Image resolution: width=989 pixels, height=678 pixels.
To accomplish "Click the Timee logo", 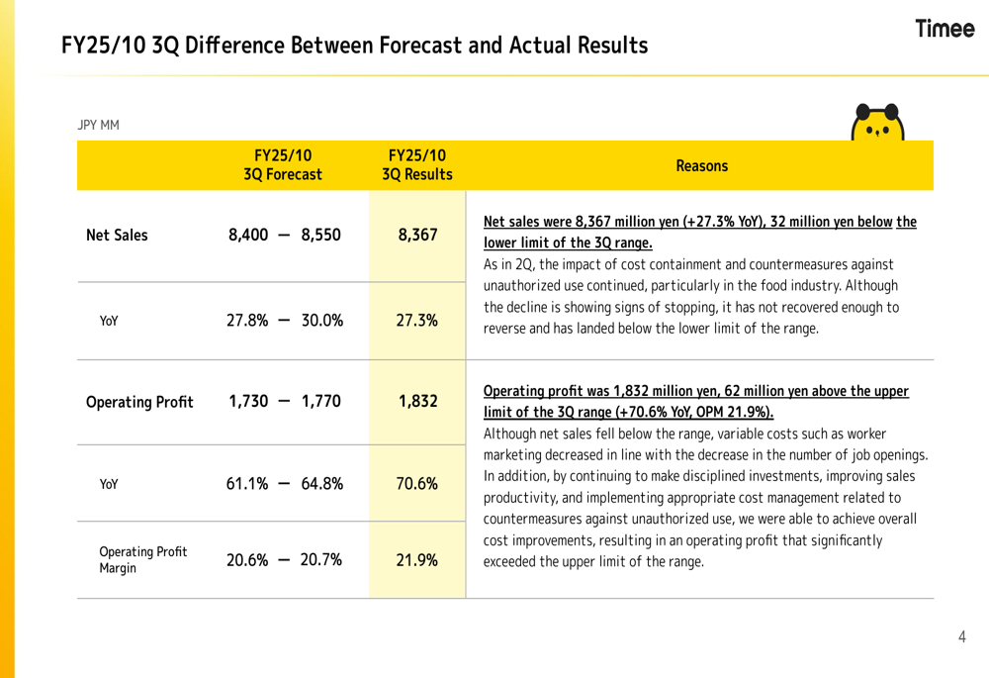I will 944,29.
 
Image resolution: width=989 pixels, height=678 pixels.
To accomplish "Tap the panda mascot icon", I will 878,121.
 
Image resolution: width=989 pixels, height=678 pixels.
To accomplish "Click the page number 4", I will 961,636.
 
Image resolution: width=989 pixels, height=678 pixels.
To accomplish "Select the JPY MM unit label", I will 98,126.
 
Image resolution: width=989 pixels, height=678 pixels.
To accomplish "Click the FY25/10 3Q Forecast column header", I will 283,165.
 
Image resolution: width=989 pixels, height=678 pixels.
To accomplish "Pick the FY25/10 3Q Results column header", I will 416,165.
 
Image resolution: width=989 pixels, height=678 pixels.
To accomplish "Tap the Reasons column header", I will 701,166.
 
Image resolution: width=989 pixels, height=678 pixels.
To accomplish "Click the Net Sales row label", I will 117,236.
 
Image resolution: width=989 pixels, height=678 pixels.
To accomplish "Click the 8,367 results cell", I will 416,236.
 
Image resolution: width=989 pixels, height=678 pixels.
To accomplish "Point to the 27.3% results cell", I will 416,321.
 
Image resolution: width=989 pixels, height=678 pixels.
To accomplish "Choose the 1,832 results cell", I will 416,402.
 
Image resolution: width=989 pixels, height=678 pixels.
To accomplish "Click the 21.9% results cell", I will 416,559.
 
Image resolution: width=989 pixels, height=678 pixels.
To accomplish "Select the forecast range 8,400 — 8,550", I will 284,236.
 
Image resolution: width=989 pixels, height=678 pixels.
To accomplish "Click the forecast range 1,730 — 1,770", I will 284,402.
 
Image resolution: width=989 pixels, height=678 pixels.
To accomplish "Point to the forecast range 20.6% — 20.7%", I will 284,559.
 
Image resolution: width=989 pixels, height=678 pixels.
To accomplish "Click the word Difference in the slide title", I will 236,46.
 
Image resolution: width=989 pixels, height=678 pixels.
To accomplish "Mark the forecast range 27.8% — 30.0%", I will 284,321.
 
